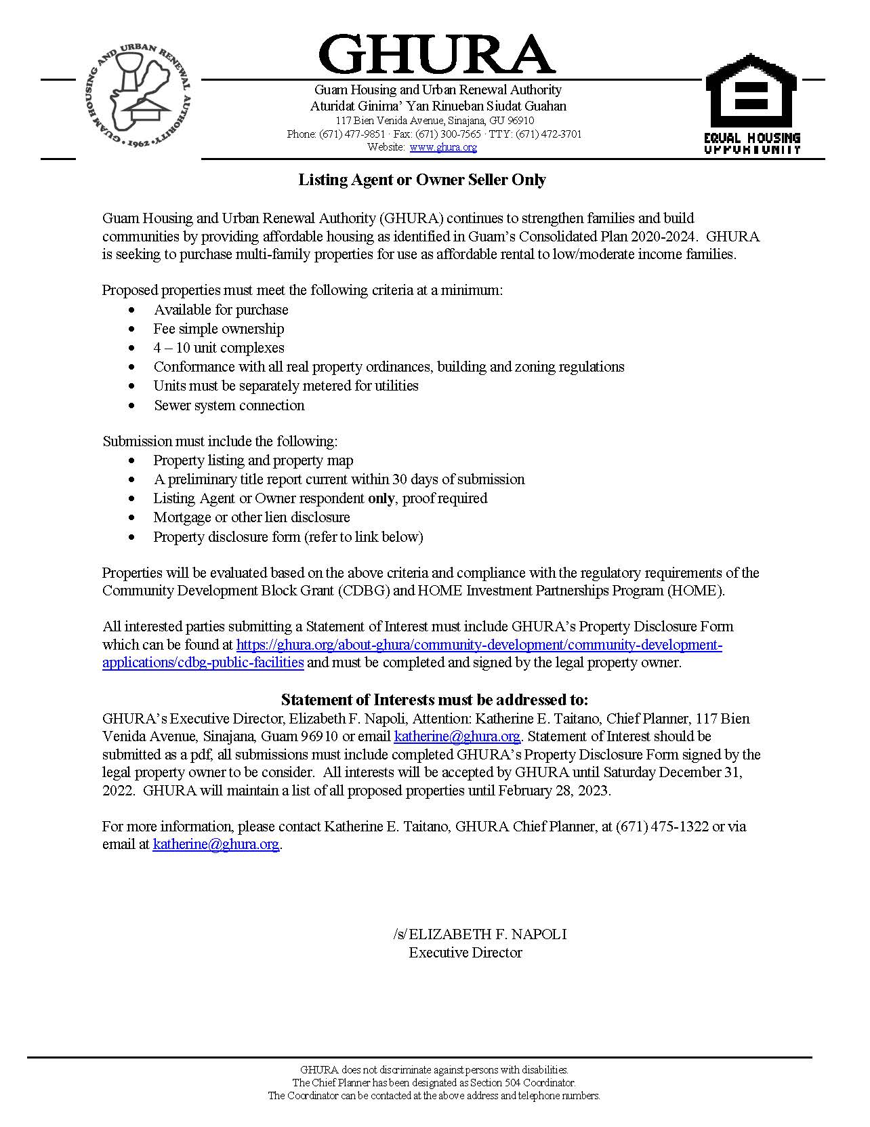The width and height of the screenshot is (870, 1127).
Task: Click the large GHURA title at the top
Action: (x=436, y=54)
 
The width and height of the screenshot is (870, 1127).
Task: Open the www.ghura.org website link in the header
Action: (x=442, y=147)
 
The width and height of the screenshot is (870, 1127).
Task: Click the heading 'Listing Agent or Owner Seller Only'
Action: (x=422, y=180)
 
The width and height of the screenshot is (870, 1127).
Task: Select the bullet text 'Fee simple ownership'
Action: (x=218, y=329)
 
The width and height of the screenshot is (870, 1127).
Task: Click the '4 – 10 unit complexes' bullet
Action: (x=218, y=348)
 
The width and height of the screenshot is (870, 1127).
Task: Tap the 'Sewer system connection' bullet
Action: (x=229, y=406)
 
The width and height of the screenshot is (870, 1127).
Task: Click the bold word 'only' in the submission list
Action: (x=381, y=498)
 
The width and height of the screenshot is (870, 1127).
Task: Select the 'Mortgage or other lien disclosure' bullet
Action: (x=251, y=517)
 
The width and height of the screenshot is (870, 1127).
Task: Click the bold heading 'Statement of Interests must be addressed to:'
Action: (x=434, y=700)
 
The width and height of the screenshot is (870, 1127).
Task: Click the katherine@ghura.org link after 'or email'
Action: (x=457, y=736)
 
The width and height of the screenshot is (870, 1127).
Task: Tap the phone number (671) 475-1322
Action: (x=661, y=827)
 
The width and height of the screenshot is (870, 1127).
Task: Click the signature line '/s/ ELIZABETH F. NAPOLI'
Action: (x=479, y=934)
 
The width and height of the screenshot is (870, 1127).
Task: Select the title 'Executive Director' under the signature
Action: (x=465, y=953)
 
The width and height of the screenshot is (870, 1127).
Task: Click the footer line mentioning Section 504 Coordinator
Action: (x=434, y=1083)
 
